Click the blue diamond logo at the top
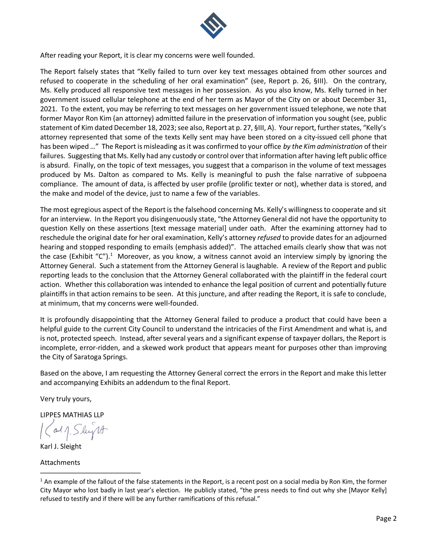[213, 26]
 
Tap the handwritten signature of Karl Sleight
[74, 430]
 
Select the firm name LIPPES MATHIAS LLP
[72, 415]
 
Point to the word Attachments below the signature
[60, 463]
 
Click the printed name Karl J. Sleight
[61, 446]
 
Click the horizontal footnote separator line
[90, 473]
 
